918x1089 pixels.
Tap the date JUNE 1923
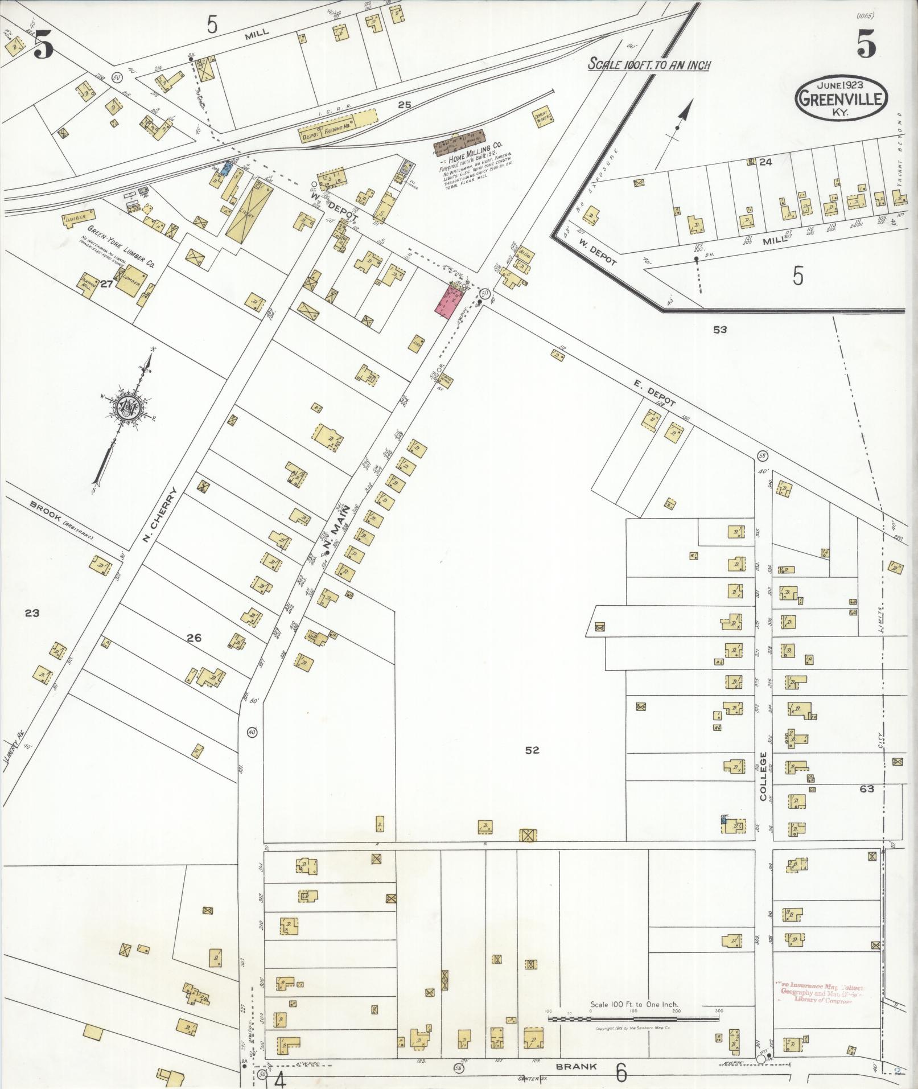click(840, 85)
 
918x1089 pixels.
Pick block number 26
click(194, 638)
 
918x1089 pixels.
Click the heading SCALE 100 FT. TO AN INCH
click(649, 64)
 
